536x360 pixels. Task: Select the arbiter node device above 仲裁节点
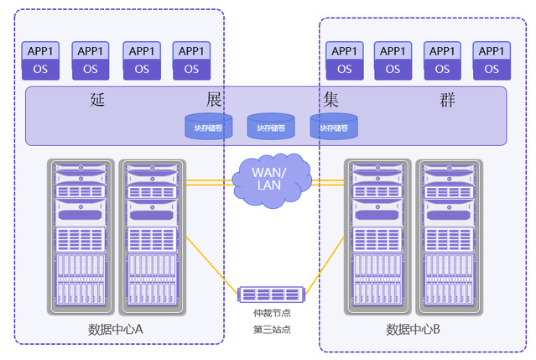tap(270, 294)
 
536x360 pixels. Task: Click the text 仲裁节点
tap(271, 312)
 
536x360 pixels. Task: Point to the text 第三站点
tap(271, 329)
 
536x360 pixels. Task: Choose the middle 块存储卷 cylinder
tap(270, 127)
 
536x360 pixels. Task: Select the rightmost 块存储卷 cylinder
tap(333, 127)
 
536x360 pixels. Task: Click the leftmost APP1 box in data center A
tap(40, 60)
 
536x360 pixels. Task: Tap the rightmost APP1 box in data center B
tap(492, 60)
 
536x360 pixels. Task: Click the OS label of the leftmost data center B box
tap(344, 69)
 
